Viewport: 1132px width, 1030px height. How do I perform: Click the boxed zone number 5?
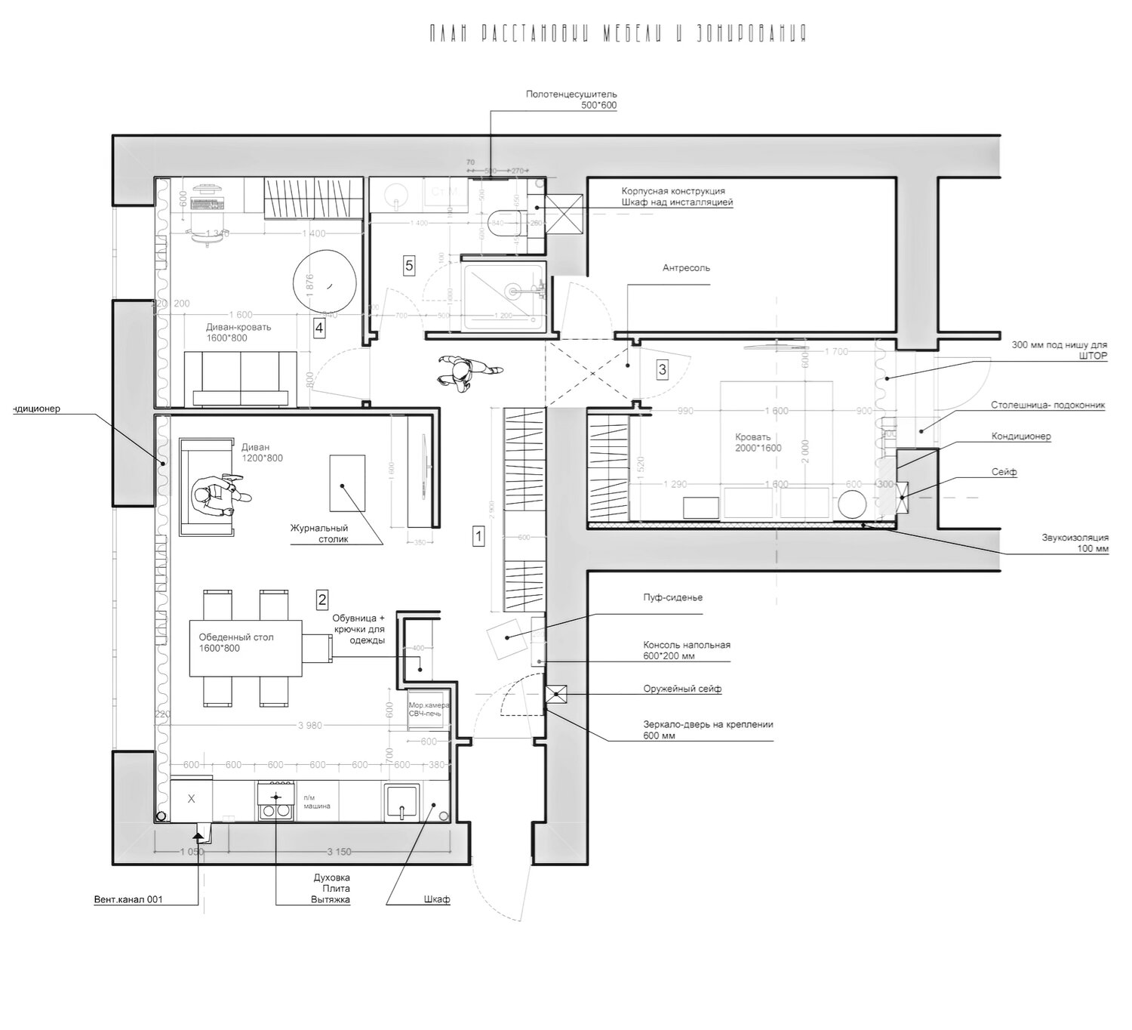click(x=409, y=265)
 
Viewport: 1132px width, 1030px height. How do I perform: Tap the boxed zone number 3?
click(x=663, y=369)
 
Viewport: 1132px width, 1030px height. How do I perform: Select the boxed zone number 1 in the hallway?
click(x=478, y=536)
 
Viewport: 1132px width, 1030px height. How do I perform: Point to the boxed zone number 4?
click(x=320, y=328)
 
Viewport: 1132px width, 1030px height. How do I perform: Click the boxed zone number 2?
click(x=322, y=600)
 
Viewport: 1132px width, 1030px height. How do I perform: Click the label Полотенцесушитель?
click(x=571, y=94)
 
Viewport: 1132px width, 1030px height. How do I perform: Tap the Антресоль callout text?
click(x=686, y=268)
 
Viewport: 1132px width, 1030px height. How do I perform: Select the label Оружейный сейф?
click(x=682, y=689)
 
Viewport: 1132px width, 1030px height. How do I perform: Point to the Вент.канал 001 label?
click(x=128, y=899)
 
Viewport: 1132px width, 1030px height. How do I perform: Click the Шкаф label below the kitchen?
click(x=437, y=899)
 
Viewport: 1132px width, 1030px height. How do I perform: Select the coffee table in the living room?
click(x=347, y=483)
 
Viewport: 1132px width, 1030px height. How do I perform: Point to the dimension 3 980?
click(x=310, y=725)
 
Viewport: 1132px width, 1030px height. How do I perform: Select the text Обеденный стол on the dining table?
click(x=236, y=637)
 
